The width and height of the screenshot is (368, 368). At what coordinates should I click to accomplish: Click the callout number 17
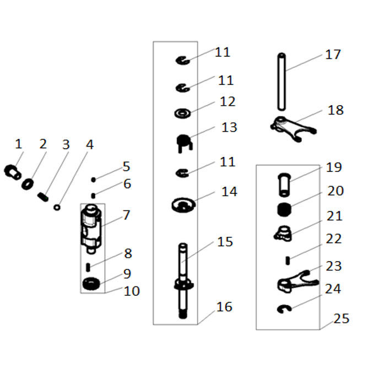point(333,55)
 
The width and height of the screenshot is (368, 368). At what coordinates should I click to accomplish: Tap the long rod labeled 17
point(282,82)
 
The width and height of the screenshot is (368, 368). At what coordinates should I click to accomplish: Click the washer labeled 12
point(182,113)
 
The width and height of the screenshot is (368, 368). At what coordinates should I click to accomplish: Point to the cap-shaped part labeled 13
point(184,143)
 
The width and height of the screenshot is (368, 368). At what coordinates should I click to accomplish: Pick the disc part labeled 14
point(183,205)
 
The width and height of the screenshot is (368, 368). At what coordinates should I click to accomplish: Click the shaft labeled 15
point(183,281)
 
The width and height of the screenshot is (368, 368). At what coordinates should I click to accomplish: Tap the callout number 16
point(224,307)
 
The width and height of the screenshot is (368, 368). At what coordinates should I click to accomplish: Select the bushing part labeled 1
point(13,172)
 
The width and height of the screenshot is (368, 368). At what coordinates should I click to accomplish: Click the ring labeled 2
point(28,184)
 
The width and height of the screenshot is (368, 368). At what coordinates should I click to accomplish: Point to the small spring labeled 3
point(43,197)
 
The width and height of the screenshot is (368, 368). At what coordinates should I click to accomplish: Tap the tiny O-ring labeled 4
point(57,207)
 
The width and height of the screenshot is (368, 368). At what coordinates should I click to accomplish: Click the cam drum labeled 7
point(91,229)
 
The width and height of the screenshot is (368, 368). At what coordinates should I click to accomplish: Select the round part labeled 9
point(91,284)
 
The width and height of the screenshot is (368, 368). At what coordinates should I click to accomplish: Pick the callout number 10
point(132,291)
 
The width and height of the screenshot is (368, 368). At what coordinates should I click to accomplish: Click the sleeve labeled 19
point(284,185)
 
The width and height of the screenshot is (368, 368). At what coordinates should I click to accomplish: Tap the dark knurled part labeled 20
point(284,209)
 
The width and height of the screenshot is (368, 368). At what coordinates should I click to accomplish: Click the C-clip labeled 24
point(284,309)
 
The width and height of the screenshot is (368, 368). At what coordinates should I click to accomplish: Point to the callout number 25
point(341,318)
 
